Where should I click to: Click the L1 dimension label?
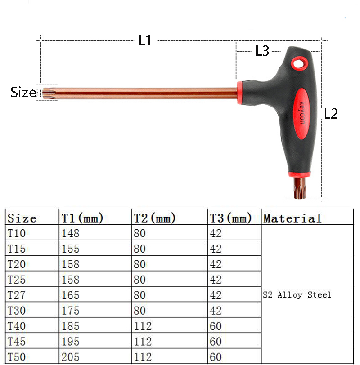(x=145, y=41)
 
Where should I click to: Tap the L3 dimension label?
(x=262, y=51)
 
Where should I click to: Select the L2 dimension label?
(x=331, y=114)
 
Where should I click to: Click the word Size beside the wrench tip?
(x=23, y=93)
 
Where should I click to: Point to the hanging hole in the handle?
(x=298, y=63)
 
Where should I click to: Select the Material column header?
(x=292, y=218)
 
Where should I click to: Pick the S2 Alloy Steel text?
(x=297, y=295)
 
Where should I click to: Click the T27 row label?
(x=17, y=295)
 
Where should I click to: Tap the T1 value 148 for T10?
(x=70, y=234)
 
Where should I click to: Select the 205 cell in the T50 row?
(x=70, y=356)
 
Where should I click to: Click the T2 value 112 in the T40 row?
(x=143, y=326)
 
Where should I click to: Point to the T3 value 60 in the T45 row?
(x=216, y=341)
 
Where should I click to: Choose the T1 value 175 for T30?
(x=70, y=311)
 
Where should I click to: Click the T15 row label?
(x=17, y=249)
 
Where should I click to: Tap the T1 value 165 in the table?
(x=70, y=295)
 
